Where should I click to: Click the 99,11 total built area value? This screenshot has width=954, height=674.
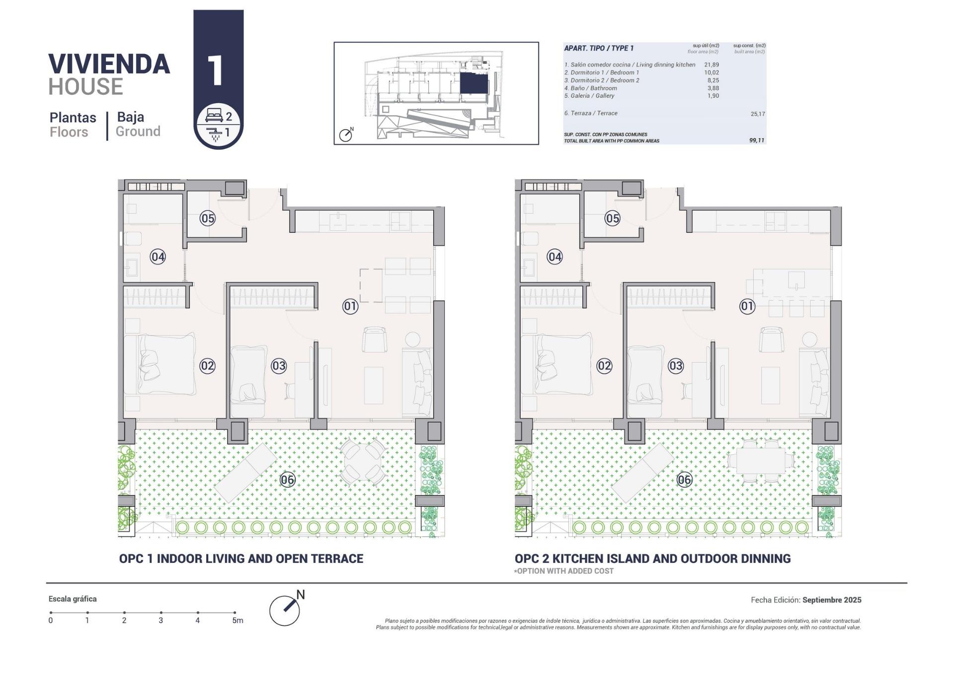pyautogui.click(x=756, y=140)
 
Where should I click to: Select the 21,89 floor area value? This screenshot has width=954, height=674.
pyautogui.click(x=711, y=65)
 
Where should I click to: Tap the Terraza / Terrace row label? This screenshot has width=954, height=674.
pyautogui.click(x=591, y=113)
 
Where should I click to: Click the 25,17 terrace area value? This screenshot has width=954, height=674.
pyautogui.click(x=757, y=114)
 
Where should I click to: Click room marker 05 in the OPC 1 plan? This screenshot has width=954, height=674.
pyautogui.click(x=207, y=218)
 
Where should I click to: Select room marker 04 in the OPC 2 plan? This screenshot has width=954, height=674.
pyautogui.click(x=555, y=257)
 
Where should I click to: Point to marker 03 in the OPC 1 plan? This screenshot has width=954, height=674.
pyautogui.click(x=278, y=366)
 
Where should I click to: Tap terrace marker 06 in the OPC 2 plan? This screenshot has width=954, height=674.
pyautogui.click(x=684, y=479)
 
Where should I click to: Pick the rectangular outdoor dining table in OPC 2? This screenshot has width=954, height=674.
pyautogui.click(x=760, y=460)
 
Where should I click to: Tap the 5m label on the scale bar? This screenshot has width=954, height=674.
pyautogui.click(x=237, y=620)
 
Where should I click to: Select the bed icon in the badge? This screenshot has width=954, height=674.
pyautogui.click(x=214, y=117)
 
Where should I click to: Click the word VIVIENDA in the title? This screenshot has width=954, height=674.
pyautogui.click(x=109, y=64)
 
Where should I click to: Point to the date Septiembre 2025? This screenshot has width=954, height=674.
pyautogui.click(x=831, y=600)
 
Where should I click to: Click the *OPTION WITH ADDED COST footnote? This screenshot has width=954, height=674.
pyautogui.click(x=563, y=571)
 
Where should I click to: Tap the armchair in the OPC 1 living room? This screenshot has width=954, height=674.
pyautogui.click(x=374, y=339)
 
